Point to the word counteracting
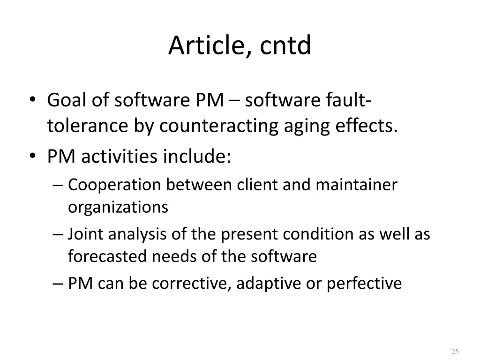(218, 126)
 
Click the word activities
(120, 157)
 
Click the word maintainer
(356, 185)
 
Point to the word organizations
(118, 207)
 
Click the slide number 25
(454, 352)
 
